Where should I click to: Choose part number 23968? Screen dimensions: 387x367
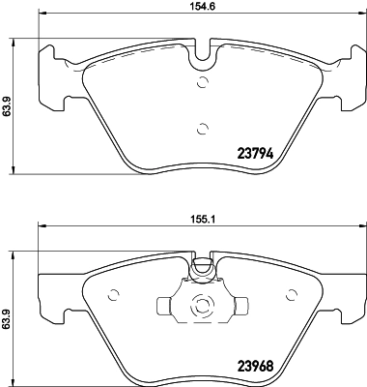click(x=256, y=367)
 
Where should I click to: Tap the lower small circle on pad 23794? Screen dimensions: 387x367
click(x=202, y=128)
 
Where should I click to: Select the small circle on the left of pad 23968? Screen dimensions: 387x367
click(x=113, y=296)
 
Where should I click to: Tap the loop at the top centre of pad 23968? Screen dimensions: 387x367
click(x=202, y=264)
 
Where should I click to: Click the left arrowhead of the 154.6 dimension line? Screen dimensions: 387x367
click(x=40, y=16)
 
